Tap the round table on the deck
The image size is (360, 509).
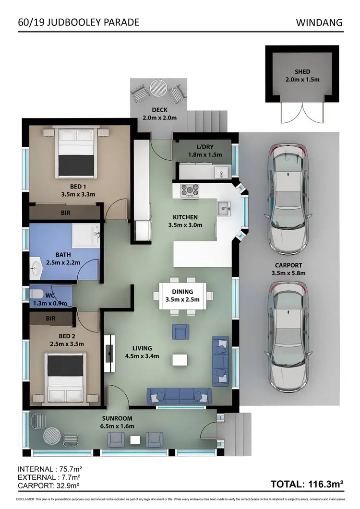point(157,88)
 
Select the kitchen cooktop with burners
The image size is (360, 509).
point(190,190)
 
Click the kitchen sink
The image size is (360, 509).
point(224,208)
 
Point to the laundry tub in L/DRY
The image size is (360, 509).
point(221,171)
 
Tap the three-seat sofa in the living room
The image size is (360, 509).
point(179,396)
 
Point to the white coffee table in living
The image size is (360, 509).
point(180,360)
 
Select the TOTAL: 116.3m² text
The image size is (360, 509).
point(307,485)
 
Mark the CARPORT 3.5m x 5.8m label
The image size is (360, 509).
point(288,269)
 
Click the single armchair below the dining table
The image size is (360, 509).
point(180,331)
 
